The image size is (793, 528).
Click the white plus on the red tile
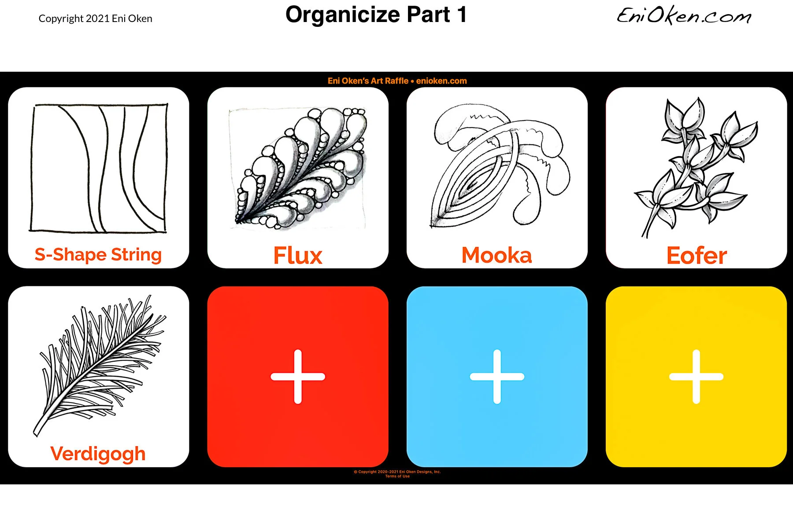point(298,377)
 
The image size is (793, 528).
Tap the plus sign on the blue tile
point(497,377)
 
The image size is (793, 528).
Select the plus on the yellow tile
point(696,377)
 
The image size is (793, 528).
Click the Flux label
point(298,256)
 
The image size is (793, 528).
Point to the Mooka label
point(497,255)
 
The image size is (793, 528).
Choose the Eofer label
point(697,256)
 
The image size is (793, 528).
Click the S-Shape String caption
point(98,255)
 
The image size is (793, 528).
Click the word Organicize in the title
point(343,15)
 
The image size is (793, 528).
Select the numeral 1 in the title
point(462,15)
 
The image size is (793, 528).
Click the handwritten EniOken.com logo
point(684,16)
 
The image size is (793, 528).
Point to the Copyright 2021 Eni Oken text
point(96,18)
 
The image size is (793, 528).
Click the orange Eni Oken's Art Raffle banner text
point(397,81)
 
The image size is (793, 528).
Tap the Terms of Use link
point(397,476)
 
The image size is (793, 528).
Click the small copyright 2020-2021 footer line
point(397,472)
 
